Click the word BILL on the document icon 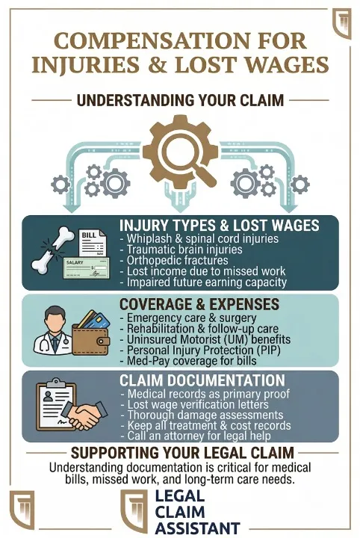pos(89,235)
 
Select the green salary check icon pos(87,269)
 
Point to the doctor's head pos(55,318)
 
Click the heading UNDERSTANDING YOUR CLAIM pos(180,101)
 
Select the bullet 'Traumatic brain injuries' pos(181,249)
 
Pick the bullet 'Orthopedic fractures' pos(174,260)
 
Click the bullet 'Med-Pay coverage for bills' pos(188,361)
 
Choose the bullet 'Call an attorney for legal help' pos(196,436)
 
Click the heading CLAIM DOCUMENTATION pos(202,380)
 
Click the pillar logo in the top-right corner pos(342,23)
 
